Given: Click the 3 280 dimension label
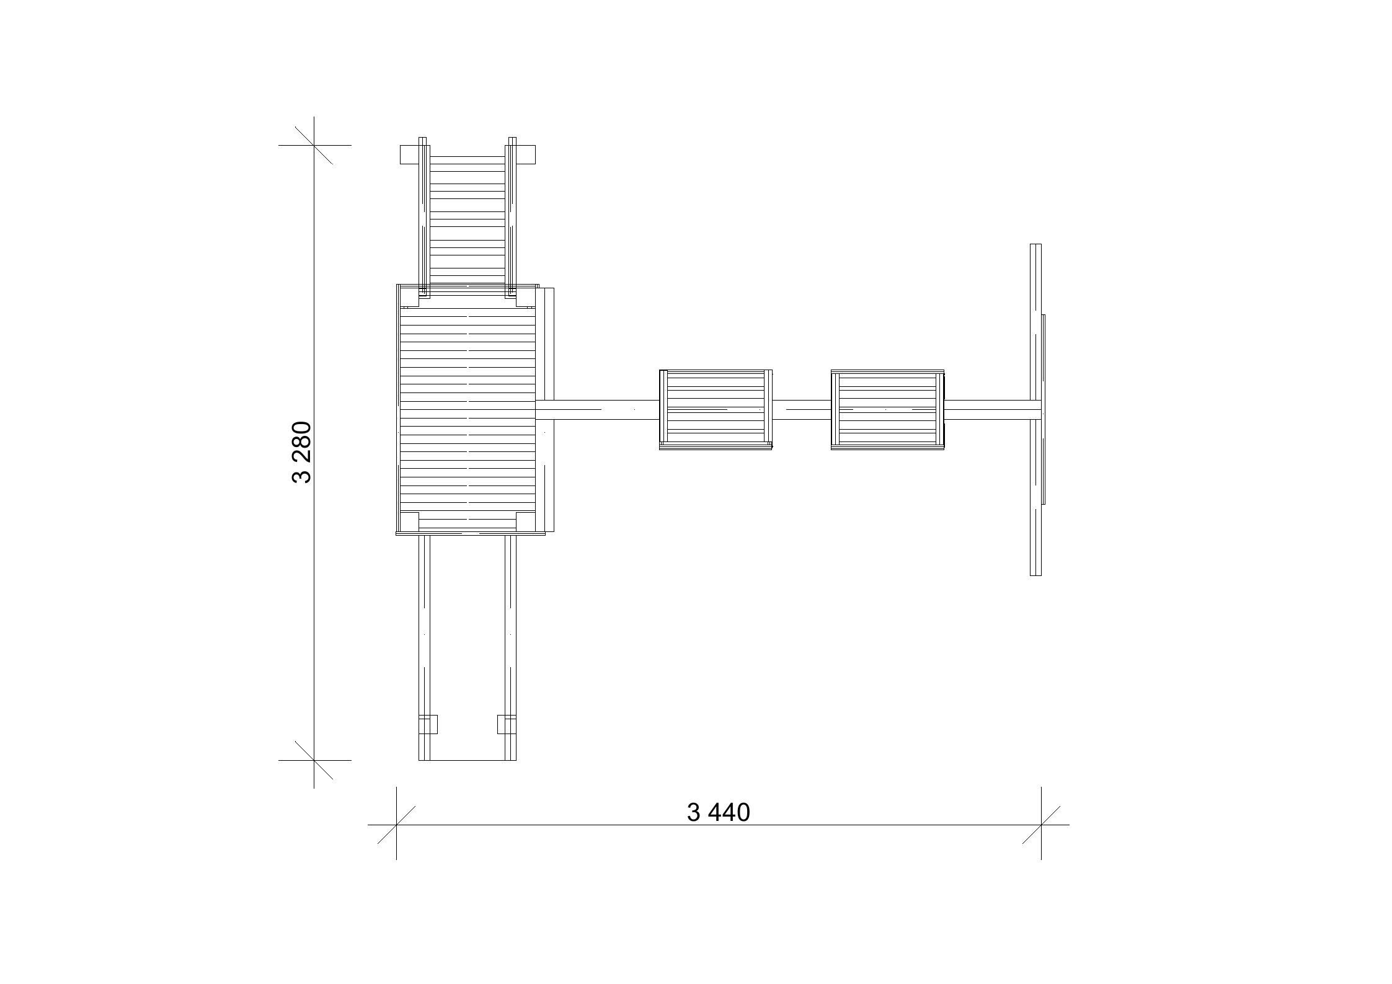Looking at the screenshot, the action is point(301,452).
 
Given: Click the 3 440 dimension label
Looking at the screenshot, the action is point(718,812).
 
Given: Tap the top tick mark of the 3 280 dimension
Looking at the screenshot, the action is point(314,145).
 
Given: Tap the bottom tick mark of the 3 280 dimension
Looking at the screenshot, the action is point(314,760).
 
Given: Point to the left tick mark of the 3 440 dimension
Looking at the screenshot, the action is point(396,825).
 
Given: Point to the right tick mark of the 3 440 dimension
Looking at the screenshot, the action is point(1041,825).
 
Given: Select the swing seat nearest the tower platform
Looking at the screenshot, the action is point(716,409).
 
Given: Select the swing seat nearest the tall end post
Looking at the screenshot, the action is point(887,409).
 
